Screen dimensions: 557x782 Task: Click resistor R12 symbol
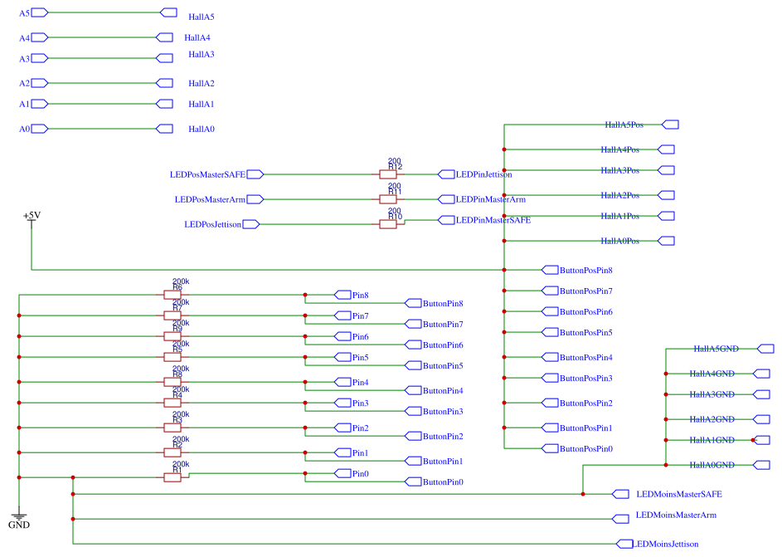coord(387,174)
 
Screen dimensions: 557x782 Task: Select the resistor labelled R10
coord(387,224)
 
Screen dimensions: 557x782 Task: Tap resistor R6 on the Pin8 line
coord(172,295)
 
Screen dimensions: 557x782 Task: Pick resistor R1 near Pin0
coord(172,477)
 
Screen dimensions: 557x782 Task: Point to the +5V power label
coord(32,216)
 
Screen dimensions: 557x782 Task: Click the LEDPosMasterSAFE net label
coord(207,174)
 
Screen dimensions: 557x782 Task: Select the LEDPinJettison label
coord(483,174)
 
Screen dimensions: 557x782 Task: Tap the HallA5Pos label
coord(624,125)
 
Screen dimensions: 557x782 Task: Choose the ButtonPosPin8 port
coord(585,270)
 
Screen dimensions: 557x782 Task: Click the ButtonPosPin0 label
coord(585,448)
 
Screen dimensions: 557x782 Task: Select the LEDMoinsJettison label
coord(666,544)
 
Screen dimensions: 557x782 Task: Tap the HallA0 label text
coord(202,129)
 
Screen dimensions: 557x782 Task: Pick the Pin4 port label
coord(360,382)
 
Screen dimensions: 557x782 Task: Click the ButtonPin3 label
coord(443,411)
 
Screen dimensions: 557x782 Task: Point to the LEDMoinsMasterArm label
coord(676,515)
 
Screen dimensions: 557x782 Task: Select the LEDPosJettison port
coord(213,224)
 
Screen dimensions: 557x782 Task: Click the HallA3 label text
coord(202,55)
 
